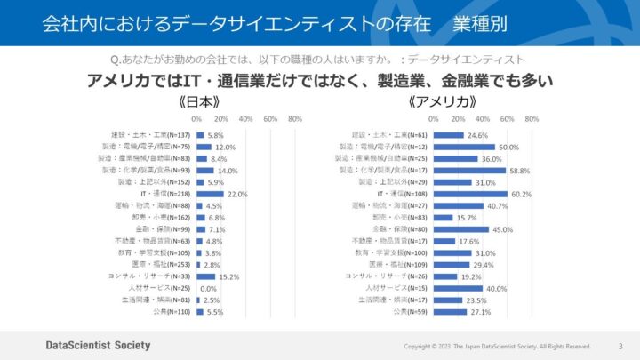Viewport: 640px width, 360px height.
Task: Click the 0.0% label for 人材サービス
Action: [x=209, y=289]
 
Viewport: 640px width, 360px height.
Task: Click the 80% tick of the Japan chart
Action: [x=295, y=118]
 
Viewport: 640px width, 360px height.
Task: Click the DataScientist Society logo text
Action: [x=98, y=345]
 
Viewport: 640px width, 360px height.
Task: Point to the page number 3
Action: [x=620, y=346]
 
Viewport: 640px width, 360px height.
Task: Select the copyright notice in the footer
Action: [x=497, y=346]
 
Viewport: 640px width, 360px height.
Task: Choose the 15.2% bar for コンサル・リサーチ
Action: [x=205, y=276]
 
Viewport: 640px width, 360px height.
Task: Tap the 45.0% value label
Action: [x=503, y=228]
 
